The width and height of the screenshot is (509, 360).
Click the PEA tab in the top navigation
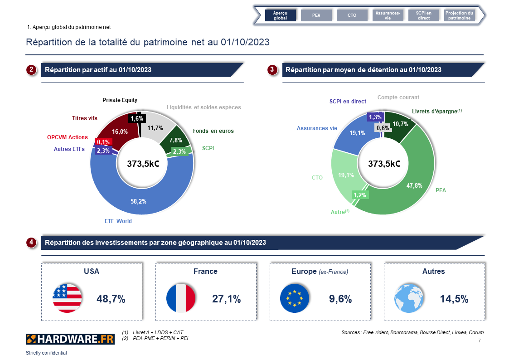pyautogui.click(x=316, y=15)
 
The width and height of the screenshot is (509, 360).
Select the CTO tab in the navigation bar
pyautogui.click(x=352, y=15)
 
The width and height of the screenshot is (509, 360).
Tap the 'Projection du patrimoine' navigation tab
pyautogui.click(x=459, y=15)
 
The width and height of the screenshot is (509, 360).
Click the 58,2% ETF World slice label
pyautogui.click(x=138, y=201)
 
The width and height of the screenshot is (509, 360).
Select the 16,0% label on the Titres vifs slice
pyautogui.click(x=120, y=131)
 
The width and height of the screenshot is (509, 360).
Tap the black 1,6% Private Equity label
pyautogui.click(x=136, y=118)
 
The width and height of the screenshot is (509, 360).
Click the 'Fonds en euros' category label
pyautogui.click(x=213, y=131)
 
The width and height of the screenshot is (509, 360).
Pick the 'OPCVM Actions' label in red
pyautogui.click(x=68, y=137)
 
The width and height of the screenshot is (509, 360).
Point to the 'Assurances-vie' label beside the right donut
pyautogui.click(x=317, y=128)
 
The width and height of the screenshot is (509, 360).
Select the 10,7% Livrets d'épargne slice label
pyautogui.click(x=400, y=124)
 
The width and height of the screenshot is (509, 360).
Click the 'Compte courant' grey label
pyautogui.click(x=398, y=97)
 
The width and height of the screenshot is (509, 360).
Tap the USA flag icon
pyautogui.click(x=67, y=298)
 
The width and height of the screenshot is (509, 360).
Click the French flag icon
pyautogui.click(x=181, y=298)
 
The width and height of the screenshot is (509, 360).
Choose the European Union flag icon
pyautogui.click(x=295, y=298)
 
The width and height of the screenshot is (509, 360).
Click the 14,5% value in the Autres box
pyautogui.click(x=454, y=299)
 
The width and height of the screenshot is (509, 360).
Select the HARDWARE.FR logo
pyautogui.click(x=70, y=339)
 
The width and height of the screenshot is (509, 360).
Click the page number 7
pyautogui.click(x=480, y=340)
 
